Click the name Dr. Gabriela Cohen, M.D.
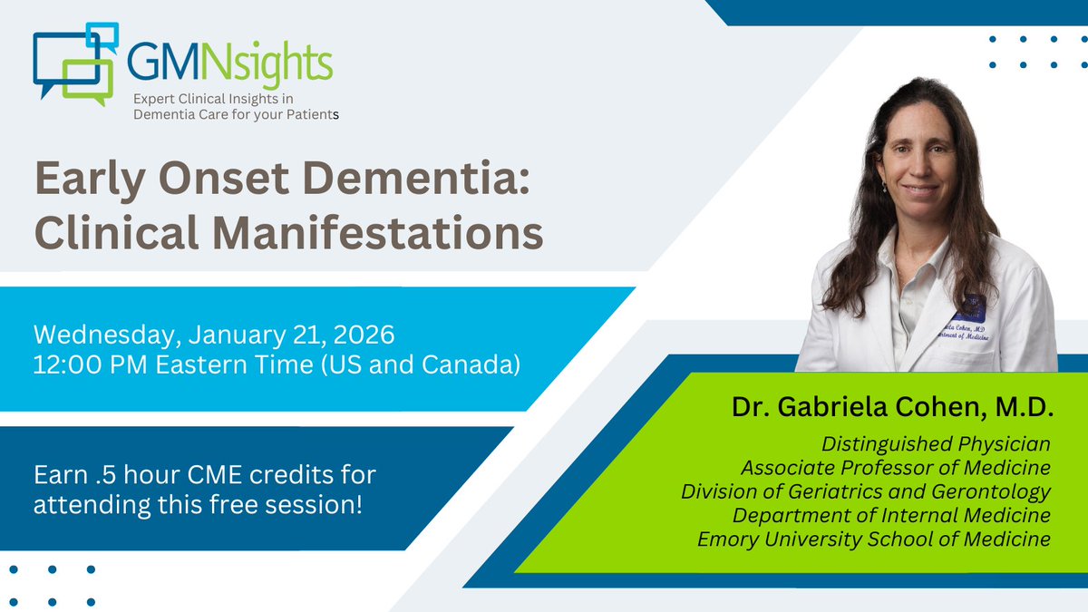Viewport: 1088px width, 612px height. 893,408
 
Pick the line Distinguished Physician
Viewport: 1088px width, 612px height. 935,444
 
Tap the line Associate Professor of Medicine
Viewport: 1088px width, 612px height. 895,468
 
